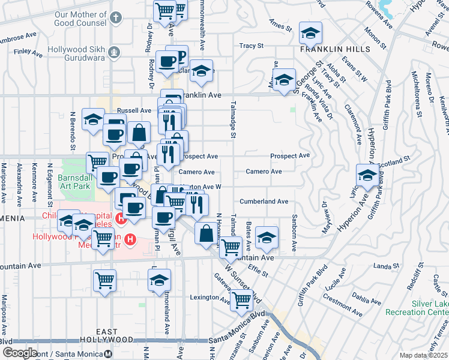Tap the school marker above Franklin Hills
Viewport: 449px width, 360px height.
pyautogui.click(x=310, y=32)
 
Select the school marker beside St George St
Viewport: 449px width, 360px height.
pyautogui.click(x=284, y=80)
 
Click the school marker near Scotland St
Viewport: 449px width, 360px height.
pyautogui.click(x=367, y=175)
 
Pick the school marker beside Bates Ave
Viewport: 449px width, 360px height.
pyautogui.click(x=267, y=238)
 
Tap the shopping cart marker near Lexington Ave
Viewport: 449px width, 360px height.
pyautogui.click(x=241, y=300)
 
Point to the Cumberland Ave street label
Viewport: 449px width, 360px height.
pyautogui.click(x=264, y=202)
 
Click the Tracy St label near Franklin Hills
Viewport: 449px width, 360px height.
pyautogui.click(x=252, y=46)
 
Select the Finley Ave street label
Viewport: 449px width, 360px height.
pyautogui.click(x=28, y=53)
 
